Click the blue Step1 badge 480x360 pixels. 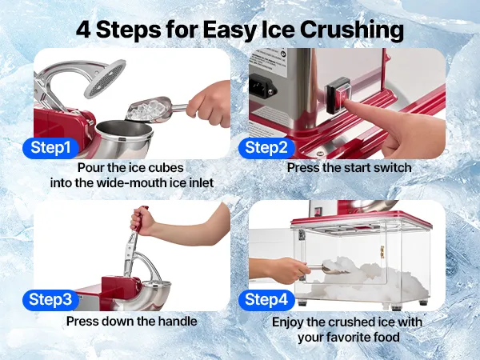(50, 148)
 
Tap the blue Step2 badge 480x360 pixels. (266, 148)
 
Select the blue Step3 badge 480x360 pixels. (50, 300)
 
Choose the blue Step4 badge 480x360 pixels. (266, 300)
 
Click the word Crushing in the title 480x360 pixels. (352, 30)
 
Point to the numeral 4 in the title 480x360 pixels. (83, 30)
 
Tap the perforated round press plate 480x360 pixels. (106, 79)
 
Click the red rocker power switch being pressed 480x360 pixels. (338, 95)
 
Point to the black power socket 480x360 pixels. (262, 87)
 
